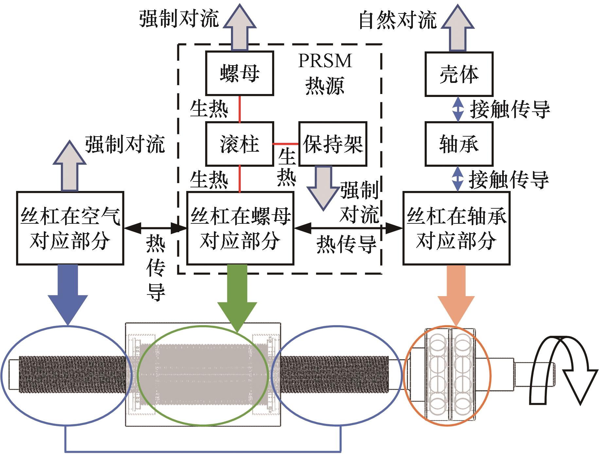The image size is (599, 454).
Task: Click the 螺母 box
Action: (239, 73)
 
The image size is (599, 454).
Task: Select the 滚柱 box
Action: (239, 144)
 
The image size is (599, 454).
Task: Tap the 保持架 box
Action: (333, 144)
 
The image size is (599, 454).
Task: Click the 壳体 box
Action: (459, 74)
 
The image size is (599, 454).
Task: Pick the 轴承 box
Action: (459, 144)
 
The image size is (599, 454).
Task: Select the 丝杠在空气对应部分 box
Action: (70, 228)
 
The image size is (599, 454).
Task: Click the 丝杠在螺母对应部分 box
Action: (240, 228)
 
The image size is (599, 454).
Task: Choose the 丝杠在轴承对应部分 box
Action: (456, 228)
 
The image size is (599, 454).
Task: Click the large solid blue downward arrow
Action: (68, 293)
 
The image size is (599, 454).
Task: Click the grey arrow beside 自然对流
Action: (457, 28)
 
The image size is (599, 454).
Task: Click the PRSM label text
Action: (325, 61)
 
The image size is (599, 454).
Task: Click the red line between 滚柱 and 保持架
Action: (286, 144)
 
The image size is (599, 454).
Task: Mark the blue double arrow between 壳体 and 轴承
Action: (458, 109)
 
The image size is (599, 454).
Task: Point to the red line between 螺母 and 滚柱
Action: (240, 109)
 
